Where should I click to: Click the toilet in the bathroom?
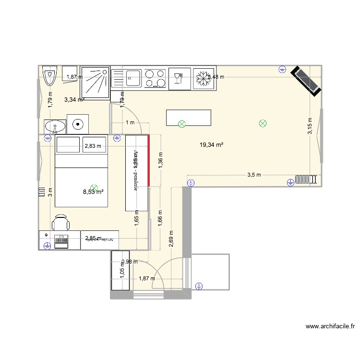click(x=50, y=76)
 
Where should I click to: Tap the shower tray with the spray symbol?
click(x=95, y=82)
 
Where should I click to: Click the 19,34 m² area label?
click(x=212, y=144)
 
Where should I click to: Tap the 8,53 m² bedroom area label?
click(x=94, y=192)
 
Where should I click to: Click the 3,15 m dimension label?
click(x=310, y=126)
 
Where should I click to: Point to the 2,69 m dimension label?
click(x=171, y=238)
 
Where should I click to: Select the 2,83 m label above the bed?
click(x=93, y=146)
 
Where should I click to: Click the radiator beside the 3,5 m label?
click(x=307, y=180)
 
